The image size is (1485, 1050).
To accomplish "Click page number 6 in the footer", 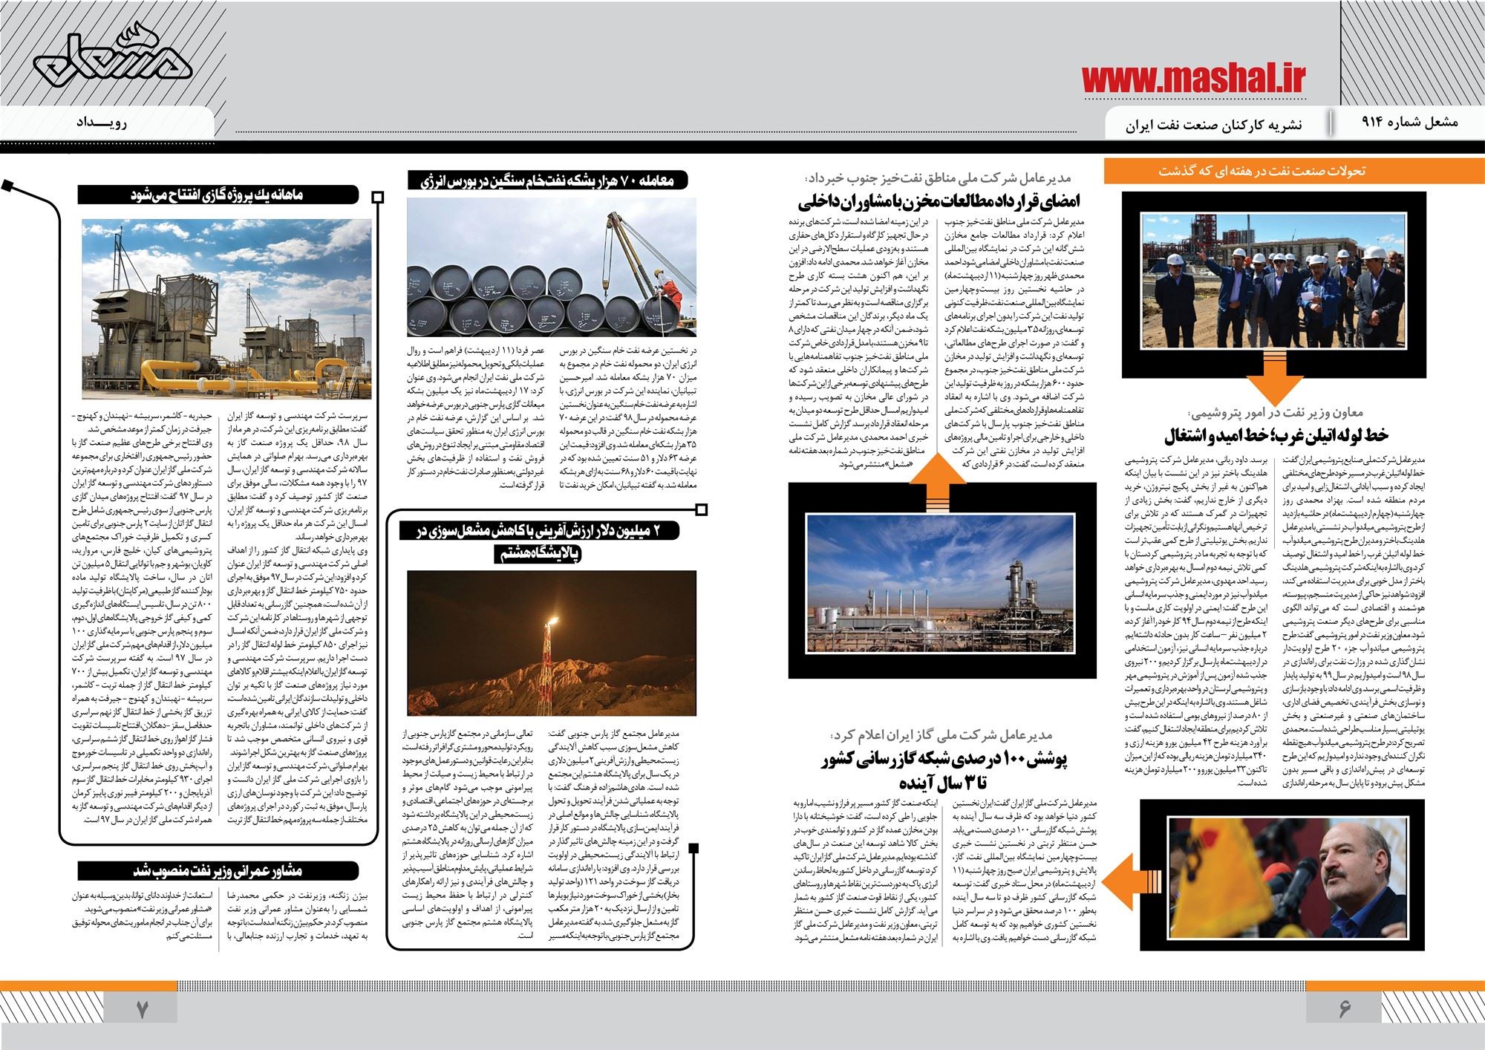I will coord(1345,1010).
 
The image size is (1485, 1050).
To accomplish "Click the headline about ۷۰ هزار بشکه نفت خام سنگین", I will coord(549,180).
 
